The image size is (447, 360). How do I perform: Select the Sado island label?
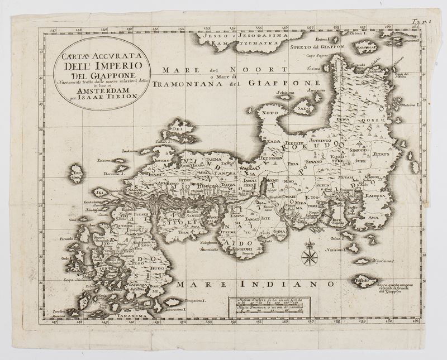tap(305, 105)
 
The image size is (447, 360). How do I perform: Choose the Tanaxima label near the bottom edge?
tap(120, 321)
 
